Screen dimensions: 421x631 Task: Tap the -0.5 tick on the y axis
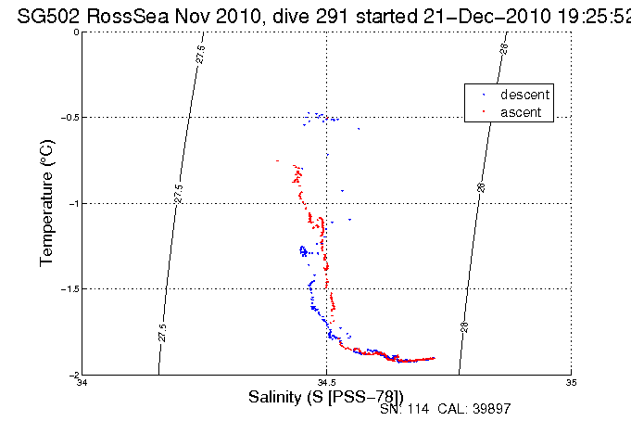[67, 118]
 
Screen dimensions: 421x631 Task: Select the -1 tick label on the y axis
[71, 203]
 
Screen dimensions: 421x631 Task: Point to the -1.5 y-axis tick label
[67, 289]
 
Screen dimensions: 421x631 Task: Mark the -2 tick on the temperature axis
[71, 375]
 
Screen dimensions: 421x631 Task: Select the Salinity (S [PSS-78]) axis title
[326, 397]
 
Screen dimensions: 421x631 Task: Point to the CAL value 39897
[491, 409]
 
